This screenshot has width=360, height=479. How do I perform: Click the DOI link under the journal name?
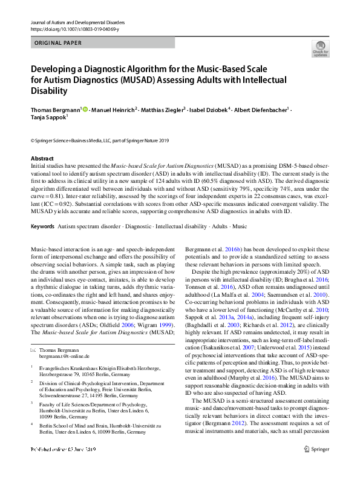pyautogui.click(x=73, y=28)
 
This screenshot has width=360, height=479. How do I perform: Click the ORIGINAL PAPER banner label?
pyautogui.click(x=58, y=43)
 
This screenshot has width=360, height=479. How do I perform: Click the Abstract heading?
pyautogui.click(x=42, y=157)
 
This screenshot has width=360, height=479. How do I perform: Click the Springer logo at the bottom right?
pyautogui.click(x=319, y=466)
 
